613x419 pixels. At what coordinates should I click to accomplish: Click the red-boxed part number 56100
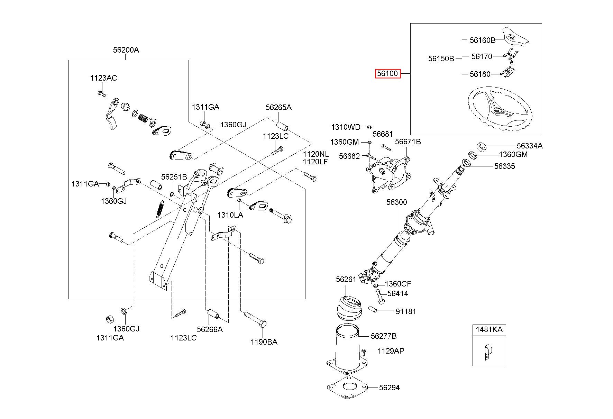(x=388, y=74)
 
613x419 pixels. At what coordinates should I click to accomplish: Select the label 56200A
(x=126, y=50)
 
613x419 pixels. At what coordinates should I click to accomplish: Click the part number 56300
(x=397, y=202)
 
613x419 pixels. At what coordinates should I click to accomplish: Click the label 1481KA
(x=489, y=329)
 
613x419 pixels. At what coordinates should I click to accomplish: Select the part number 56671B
(x=408, y=142)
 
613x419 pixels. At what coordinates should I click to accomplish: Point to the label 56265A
(x=278, y=108)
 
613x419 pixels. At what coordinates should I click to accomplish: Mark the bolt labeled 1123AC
(x=101, y=93)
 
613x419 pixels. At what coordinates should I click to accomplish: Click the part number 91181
(x=406, y=311)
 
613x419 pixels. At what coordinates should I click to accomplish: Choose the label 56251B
(x=174, y=177)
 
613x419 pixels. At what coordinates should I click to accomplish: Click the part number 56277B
(x=384, y=336)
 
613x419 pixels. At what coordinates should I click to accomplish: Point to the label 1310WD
(x=346, y=127)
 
